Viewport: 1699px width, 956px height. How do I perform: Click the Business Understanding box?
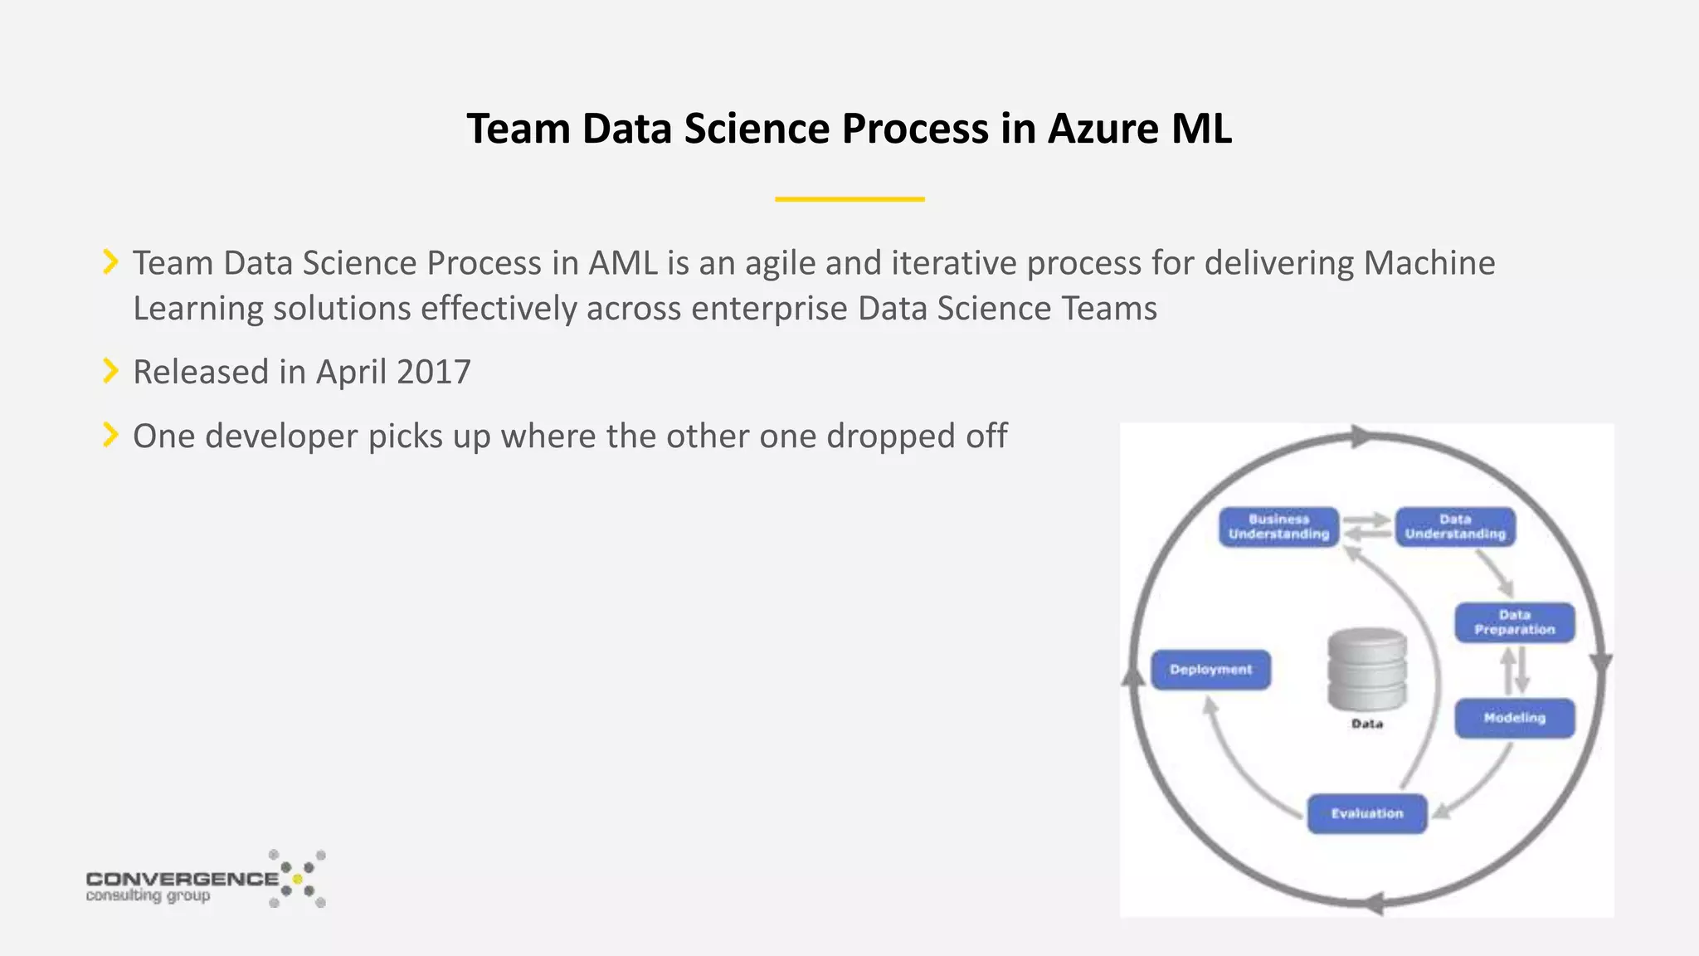1278,527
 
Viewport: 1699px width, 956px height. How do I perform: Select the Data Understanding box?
1455,527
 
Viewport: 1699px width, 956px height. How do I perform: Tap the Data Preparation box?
1514,622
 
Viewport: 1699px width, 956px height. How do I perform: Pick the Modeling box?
1514,718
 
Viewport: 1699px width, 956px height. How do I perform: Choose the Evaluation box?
1367,813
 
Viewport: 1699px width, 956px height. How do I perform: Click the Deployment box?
1210,670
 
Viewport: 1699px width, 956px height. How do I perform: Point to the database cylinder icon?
1367,669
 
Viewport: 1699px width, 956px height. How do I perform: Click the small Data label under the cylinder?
1367,724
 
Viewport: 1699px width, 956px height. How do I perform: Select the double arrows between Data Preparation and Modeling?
1515,671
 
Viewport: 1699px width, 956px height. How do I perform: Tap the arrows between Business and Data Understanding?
1367,527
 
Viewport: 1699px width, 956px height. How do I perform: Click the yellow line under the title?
849,199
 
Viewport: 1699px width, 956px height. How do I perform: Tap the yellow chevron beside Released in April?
110,371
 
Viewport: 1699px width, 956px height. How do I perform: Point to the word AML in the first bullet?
622,264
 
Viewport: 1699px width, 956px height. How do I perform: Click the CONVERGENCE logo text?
182,879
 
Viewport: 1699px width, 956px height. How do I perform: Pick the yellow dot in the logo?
298,879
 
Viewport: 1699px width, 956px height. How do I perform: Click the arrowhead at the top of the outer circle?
1361,437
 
